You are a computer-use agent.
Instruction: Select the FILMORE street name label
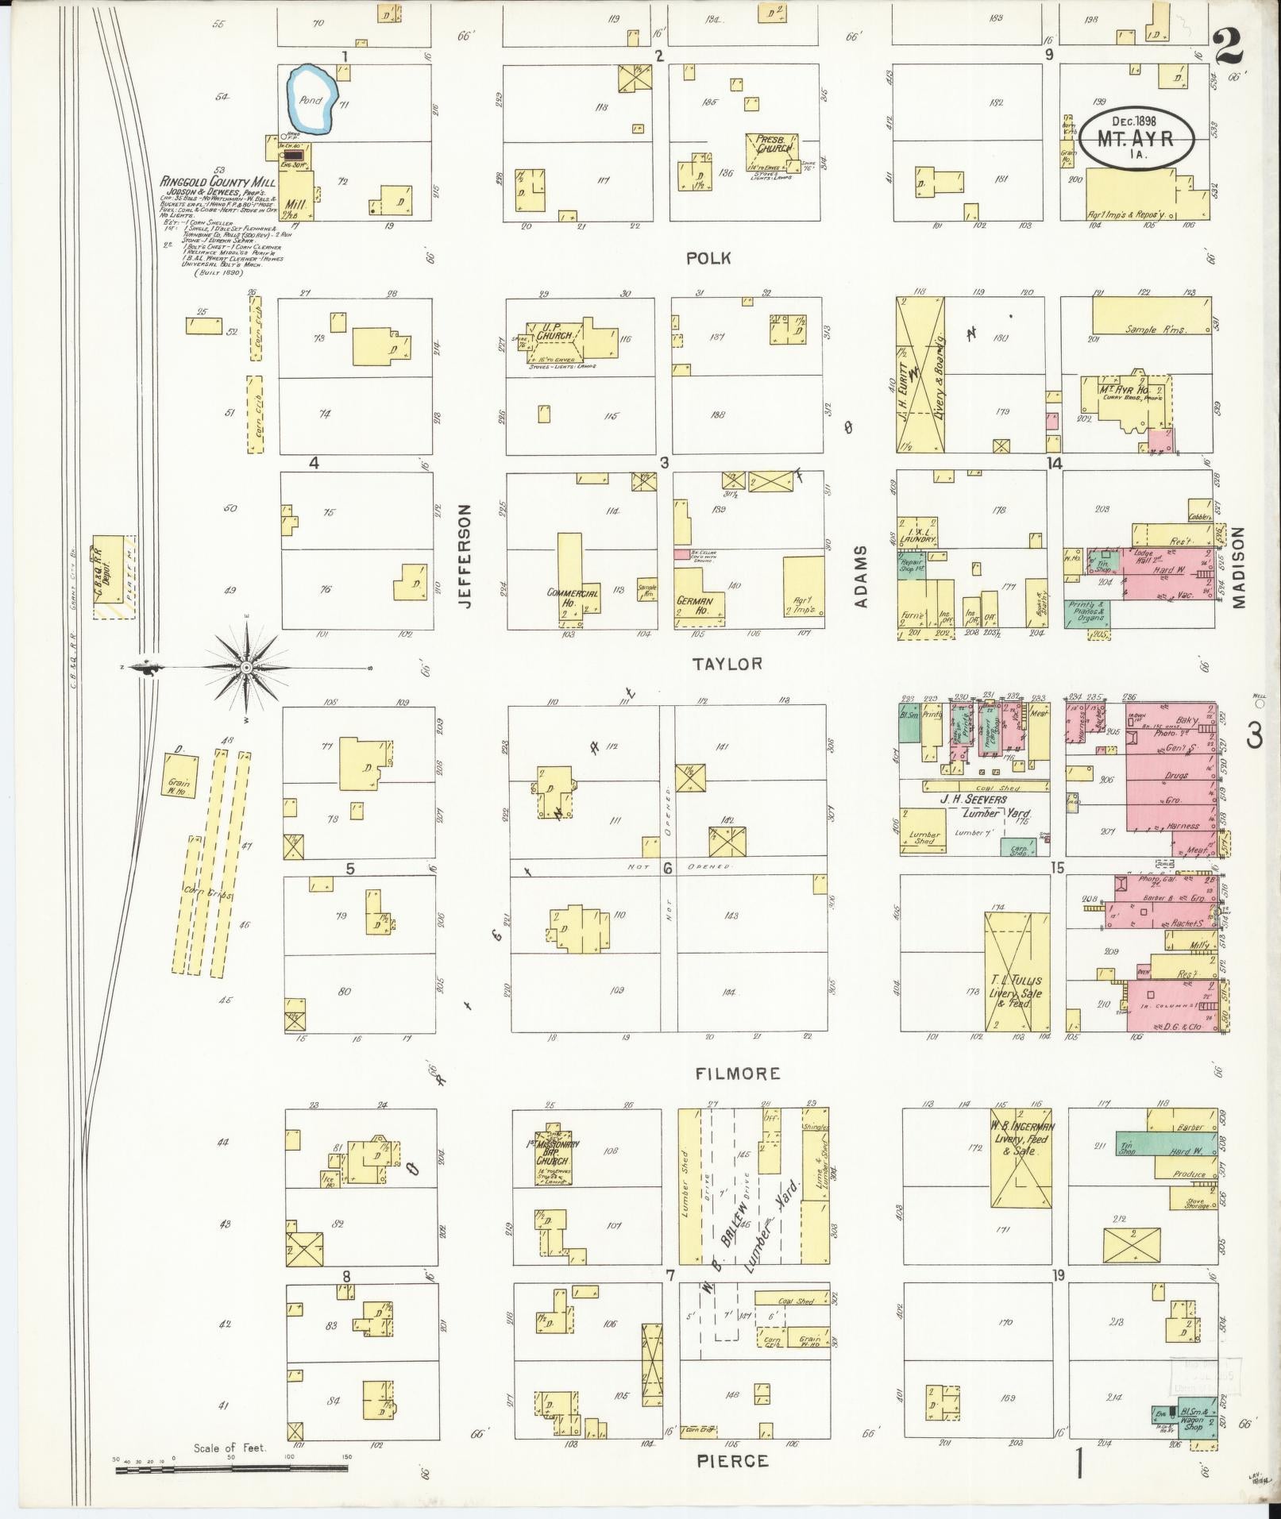point(738,1073)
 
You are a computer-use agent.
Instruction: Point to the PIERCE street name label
point(732,1460)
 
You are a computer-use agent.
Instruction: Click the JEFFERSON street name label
point(465,556)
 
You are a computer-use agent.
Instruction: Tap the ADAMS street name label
point(862,576)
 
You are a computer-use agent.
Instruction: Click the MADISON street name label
point(1239,568)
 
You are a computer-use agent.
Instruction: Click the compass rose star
point(246,668)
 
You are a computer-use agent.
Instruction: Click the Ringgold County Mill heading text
point(216,181)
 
